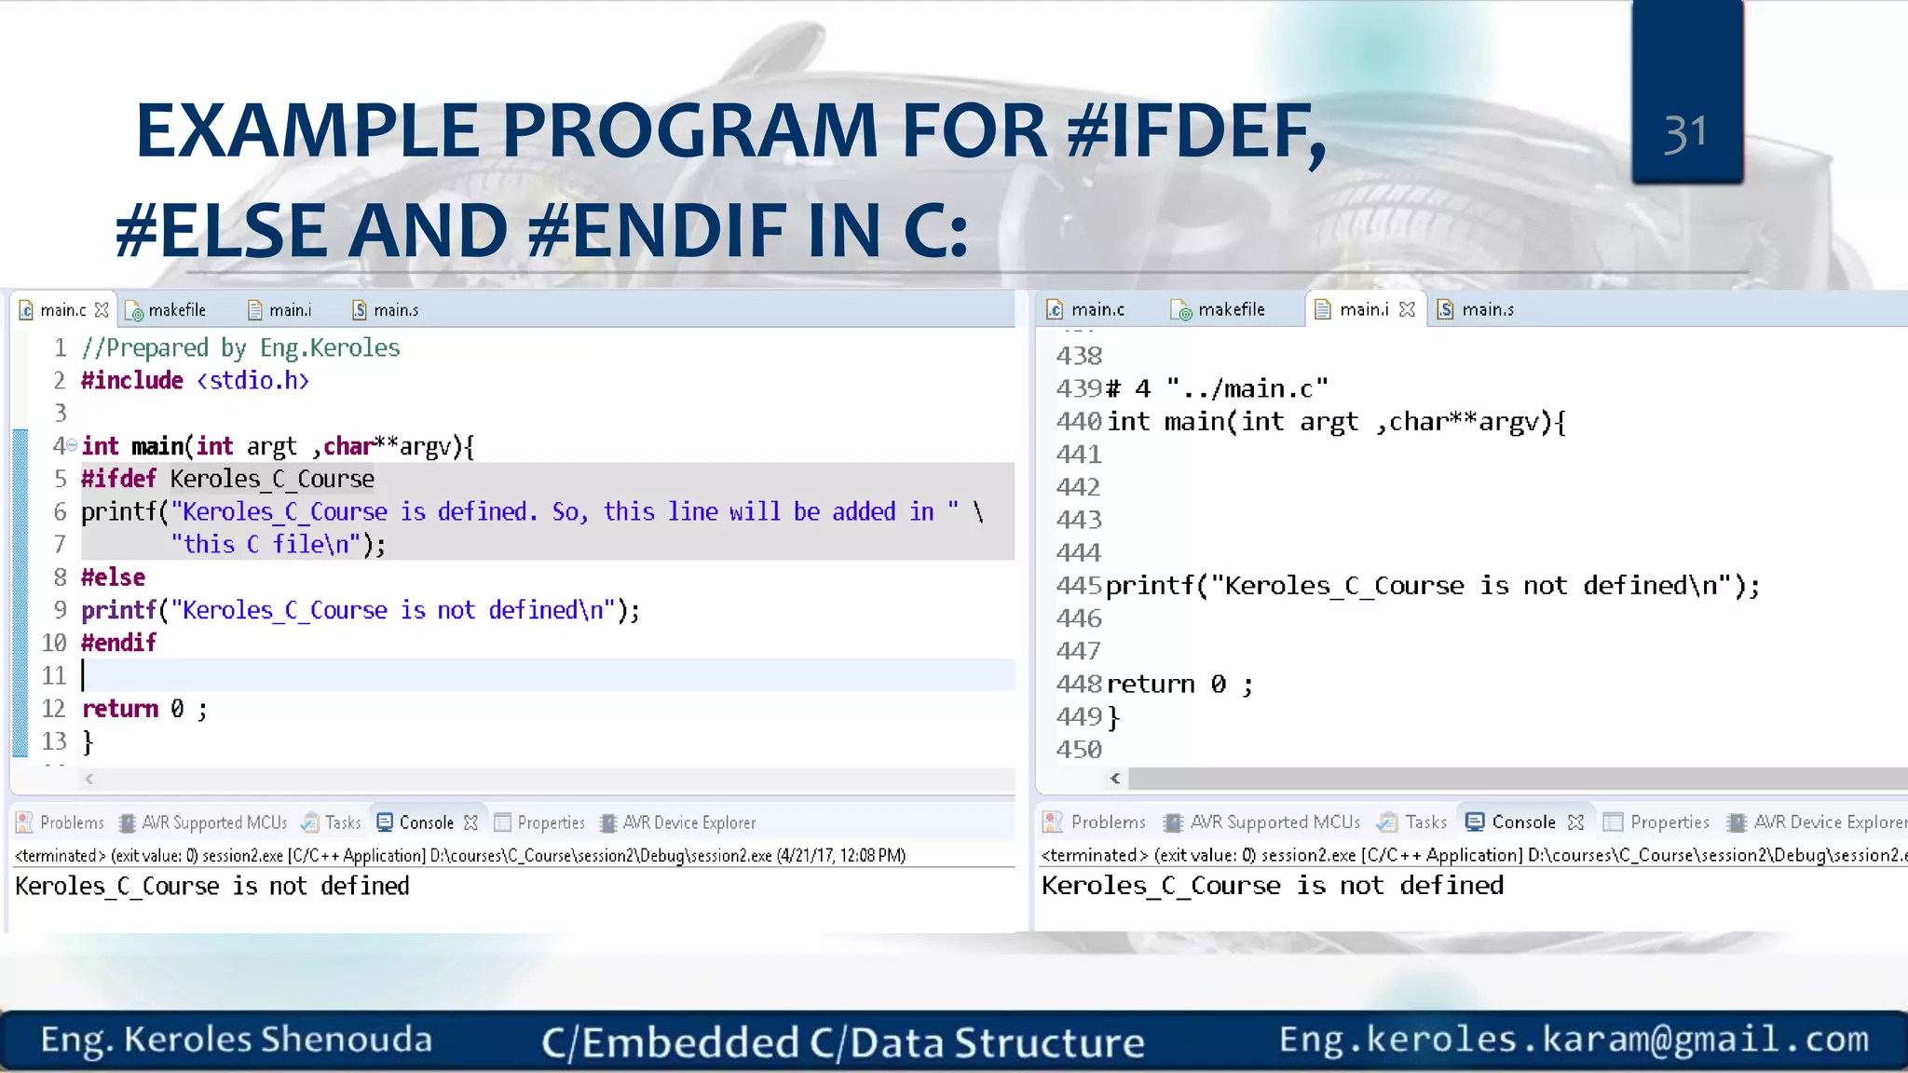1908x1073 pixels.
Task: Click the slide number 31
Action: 1685,134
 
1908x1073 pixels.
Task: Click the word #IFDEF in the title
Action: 1196,130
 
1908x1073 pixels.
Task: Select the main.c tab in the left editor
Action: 62,310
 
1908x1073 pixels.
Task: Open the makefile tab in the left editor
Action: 176,310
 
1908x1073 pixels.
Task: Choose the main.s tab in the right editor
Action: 1487,309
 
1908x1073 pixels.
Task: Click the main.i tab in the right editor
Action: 1363,309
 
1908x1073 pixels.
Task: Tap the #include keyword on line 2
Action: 131,380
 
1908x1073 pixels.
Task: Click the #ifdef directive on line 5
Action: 118,479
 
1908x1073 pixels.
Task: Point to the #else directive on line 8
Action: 113,577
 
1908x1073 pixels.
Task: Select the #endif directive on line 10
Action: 118,643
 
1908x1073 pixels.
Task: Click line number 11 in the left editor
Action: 54,675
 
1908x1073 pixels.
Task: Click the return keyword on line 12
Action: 120,709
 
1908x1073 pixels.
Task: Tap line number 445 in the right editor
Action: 1079,586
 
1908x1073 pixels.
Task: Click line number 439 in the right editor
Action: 1079,388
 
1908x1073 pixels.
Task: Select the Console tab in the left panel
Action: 426,822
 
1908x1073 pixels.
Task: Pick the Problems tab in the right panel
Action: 1107,822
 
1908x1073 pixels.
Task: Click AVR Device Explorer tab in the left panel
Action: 688,822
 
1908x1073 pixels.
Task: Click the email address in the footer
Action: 1574,1039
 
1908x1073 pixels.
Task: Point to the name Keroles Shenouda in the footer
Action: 278,1039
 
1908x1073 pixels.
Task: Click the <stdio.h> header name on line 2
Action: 252,380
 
